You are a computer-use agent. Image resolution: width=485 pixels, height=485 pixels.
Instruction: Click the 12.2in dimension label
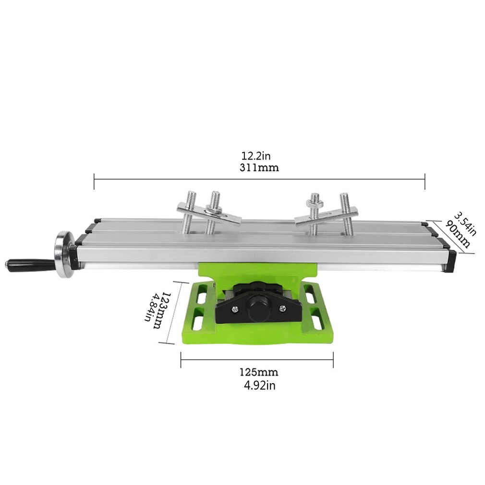pos(256,156)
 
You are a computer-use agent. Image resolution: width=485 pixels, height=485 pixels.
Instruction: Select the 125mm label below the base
pos(258,372)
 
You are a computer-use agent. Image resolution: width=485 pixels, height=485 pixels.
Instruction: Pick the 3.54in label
pos(464,224)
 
